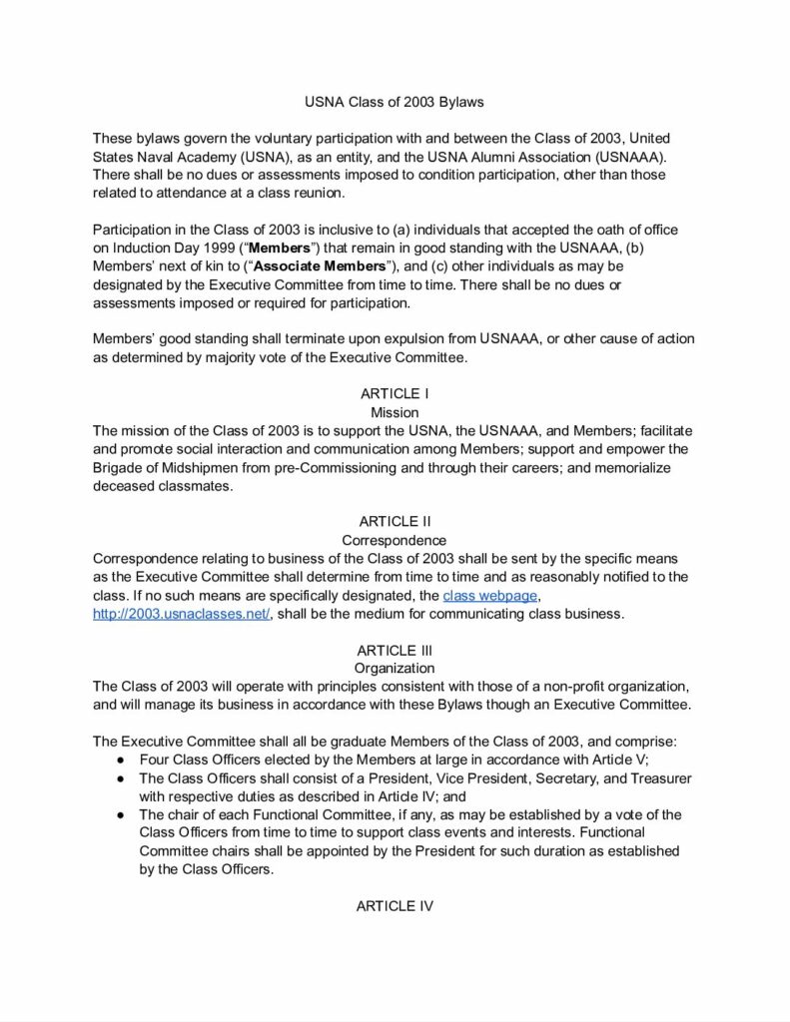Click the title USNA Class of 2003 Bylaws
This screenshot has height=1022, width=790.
(x=395, y=102)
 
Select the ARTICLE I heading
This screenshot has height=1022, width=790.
(x=395, y=394)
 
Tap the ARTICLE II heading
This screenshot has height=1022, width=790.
(x=395, y=522)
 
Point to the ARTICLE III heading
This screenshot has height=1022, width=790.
(x=395, y=650)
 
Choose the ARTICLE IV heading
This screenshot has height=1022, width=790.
(x=395, y=906)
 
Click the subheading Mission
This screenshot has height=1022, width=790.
(x=395, y=412)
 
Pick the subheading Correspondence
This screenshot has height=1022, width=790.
(x=395, y=541)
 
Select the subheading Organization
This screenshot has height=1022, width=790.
(x=395, y=668)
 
